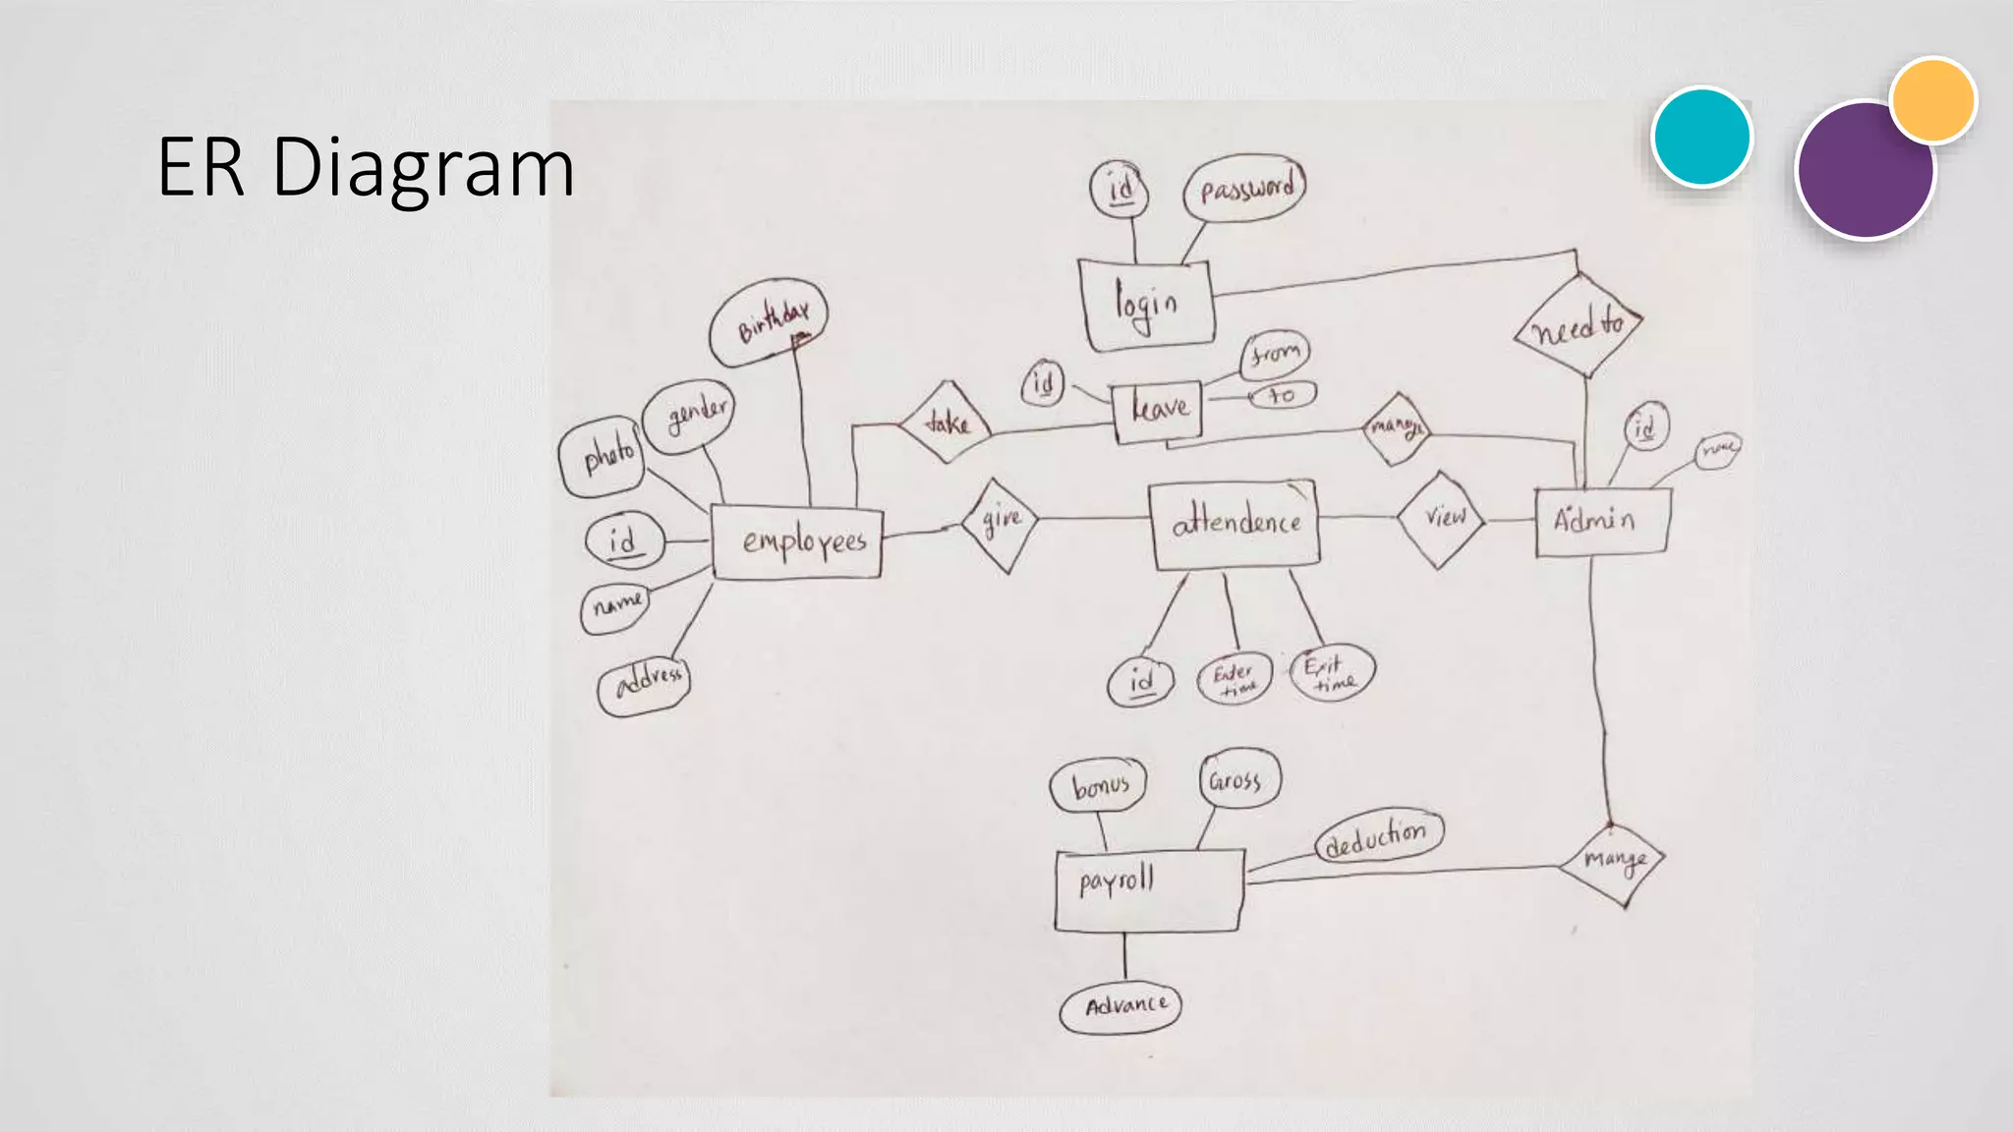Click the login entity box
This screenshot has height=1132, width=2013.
1147,304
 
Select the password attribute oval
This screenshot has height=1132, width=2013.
1245,187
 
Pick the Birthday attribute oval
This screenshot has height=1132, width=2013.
769,321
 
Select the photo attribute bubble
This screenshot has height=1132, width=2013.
602,456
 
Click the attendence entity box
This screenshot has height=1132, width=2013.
1236,524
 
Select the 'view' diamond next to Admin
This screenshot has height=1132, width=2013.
1441,519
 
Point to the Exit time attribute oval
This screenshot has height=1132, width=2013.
1333,673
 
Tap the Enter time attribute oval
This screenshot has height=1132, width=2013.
1235,678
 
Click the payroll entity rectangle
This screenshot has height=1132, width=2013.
1147,890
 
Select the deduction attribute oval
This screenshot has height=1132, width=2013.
1379,837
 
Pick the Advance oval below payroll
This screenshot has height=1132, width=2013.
1121,1006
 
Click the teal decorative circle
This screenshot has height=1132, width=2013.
1701,137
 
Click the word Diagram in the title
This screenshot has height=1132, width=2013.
423,167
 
